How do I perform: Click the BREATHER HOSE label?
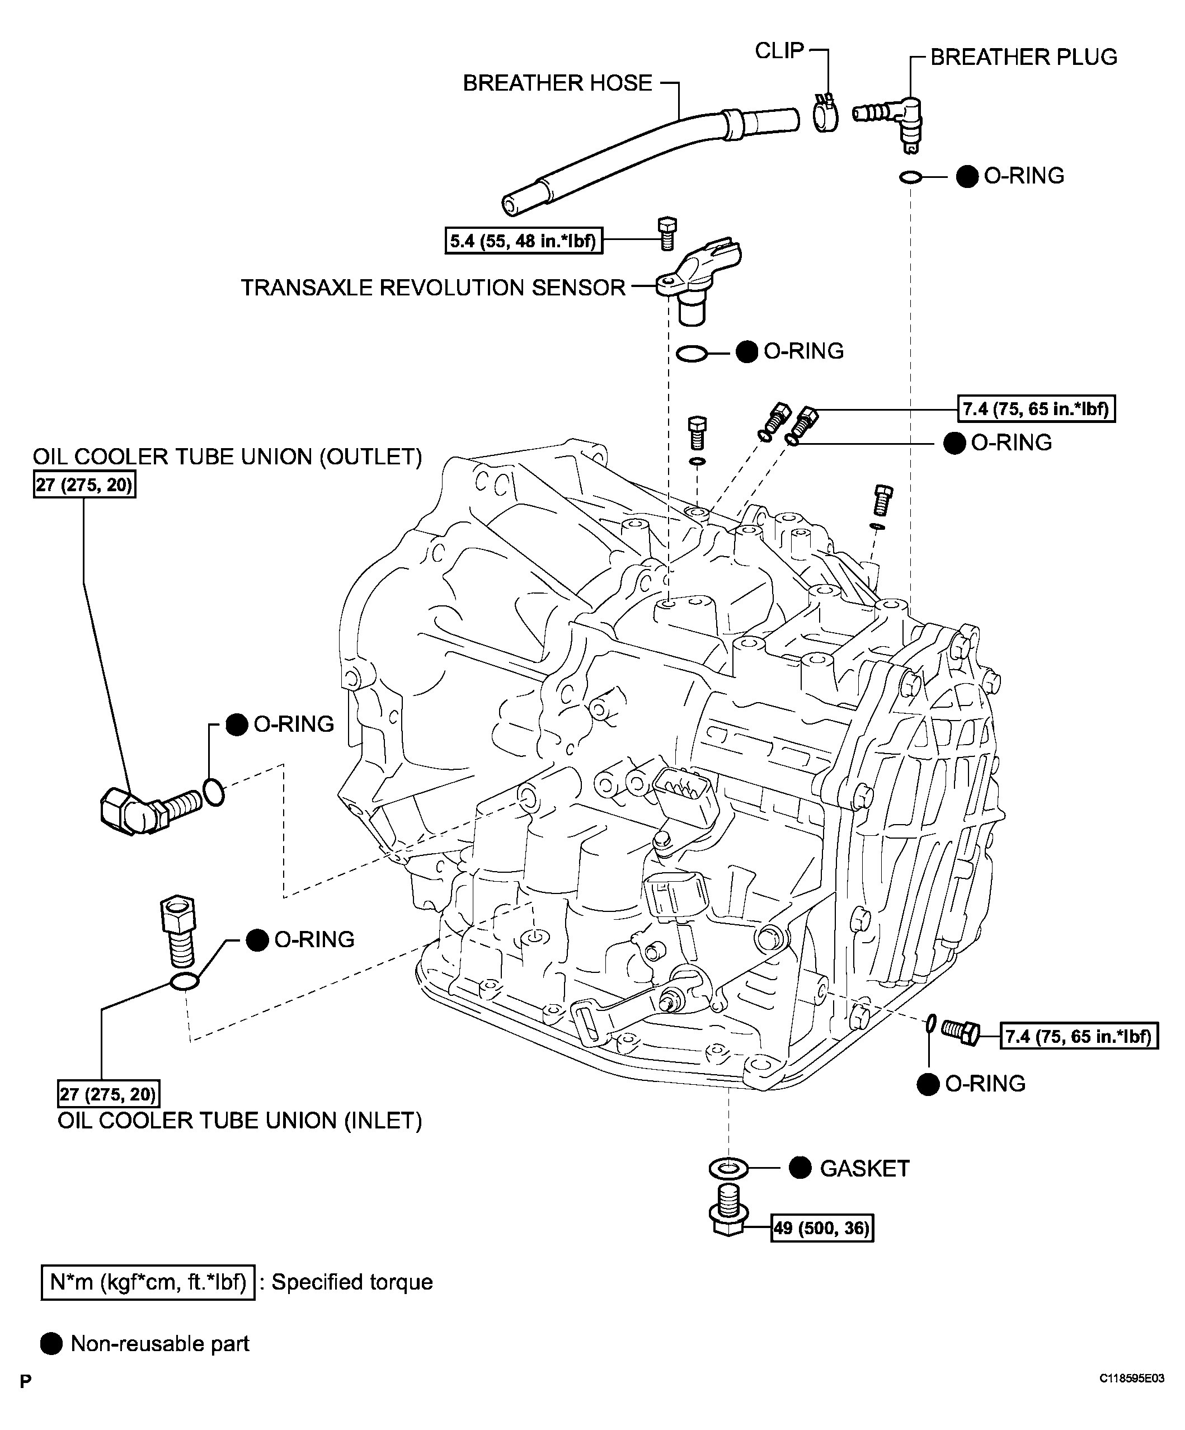tap(557, 83)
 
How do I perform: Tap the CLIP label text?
tap(780, 50)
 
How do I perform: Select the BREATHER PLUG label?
tap(1024, 57)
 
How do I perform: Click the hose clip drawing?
tap(825, 112)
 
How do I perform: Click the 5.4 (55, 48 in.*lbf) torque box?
tap(524, 241)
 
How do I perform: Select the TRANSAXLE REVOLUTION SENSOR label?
tap(433, 288)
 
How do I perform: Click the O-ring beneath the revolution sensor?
tap(693, 354)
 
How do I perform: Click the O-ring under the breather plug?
tap(910, 178)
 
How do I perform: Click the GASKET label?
tap(864, 1169)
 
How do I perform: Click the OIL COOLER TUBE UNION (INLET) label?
tap(239, 1120)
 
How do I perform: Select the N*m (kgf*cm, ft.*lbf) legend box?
tap(148, 1282)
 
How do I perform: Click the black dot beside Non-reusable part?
tap(52, 1343)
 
